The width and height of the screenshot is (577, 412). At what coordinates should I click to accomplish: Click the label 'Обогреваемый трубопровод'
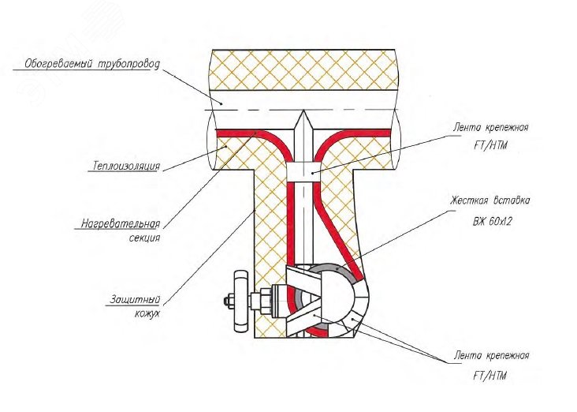[x=91, y=62]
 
